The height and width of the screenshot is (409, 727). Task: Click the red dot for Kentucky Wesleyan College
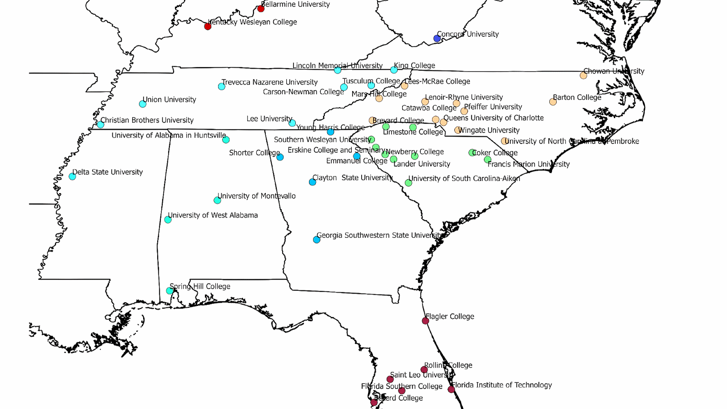(x=208, y=26)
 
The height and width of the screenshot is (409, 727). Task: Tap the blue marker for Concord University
(x=437, y=39)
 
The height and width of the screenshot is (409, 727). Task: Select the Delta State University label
(x=108, y=172)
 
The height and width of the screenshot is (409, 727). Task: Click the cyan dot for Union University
(x=143, y=104)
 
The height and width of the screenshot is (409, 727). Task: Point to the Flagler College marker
(x=425, y=321)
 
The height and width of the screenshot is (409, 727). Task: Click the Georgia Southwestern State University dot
(x=317, y=239)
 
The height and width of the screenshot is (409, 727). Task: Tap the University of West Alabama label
(x=213, y=215)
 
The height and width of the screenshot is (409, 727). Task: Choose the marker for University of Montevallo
(x=217, y=200)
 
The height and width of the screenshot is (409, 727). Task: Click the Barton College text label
(x=577, y=97)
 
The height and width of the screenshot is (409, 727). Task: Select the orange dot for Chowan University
(x=583, y=75)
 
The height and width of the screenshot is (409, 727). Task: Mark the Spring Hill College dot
(x=169, y=291)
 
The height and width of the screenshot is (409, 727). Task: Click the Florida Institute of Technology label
(x=502, y=385)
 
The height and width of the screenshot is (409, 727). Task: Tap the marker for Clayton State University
(x=313, y=182)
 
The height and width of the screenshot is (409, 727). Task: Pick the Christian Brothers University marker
(x=100, y=125)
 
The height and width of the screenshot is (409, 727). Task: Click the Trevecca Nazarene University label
(x=269, y=82)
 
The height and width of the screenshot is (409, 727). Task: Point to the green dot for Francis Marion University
(x=488, y=160)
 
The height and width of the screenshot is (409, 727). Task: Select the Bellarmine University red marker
(x=261, y=9)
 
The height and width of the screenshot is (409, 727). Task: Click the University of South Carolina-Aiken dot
(x=408, y=183)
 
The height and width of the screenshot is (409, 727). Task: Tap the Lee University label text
(x=269, y=119)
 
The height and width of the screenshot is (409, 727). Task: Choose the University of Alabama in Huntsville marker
(x=226, y=140)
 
